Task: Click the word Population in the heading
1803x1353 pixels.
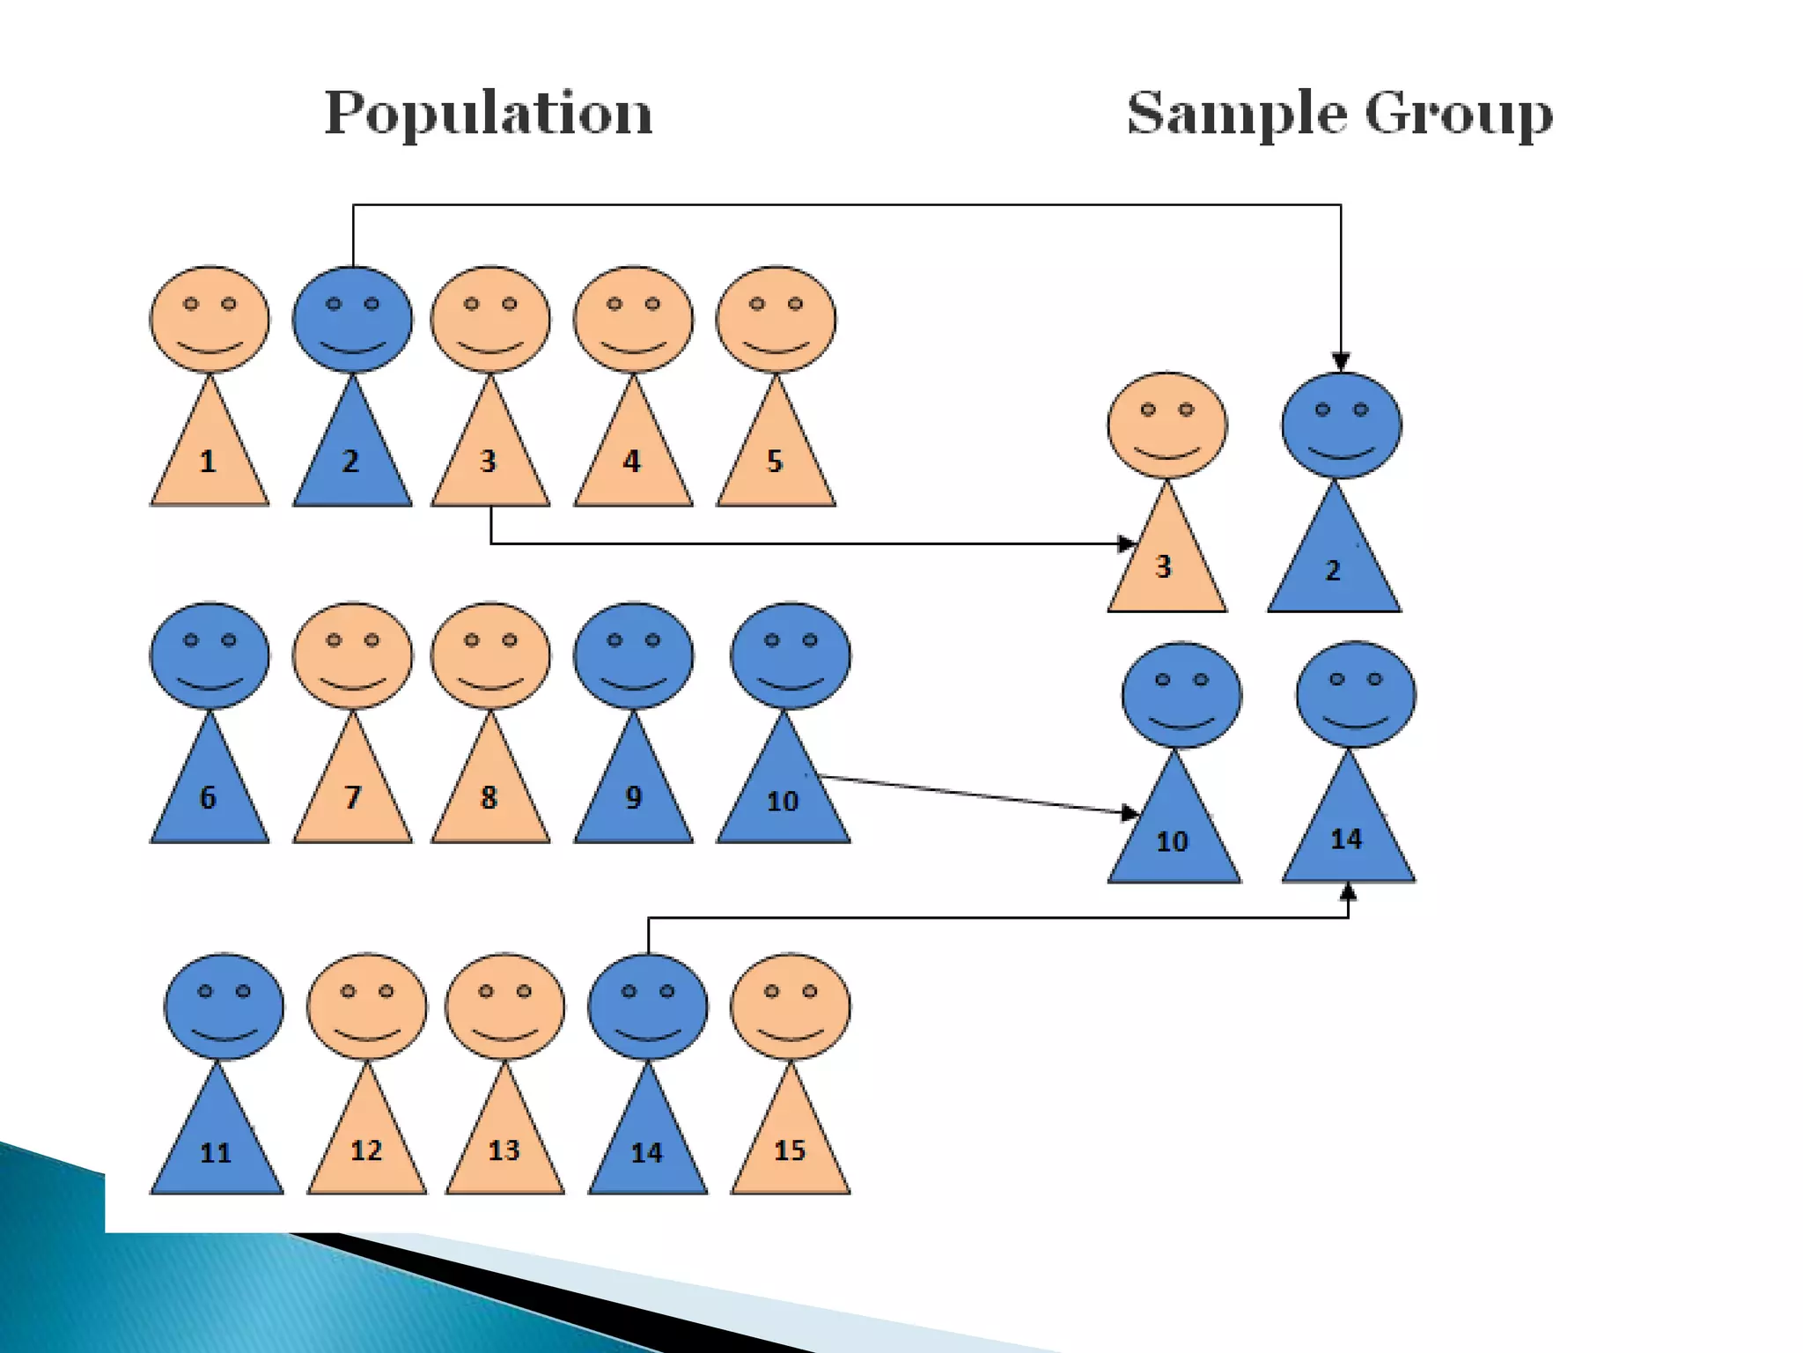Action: coord(489,115)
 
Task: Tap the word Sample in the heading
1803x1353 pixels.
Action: coord(1237,115)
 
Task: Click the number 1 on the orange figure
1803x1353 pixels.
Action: coord(208,461)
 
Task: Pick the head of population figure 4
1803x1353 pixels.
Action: coord(633,318)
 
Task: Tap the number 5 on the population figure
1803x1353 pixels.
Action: coord(775,461)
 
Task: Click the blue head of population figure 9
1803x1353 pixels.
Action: coord(633,655)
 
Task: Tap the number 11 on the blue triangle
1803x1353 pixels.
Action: coord(216,1152)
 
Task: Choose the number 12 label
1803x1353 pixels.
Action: coord(366,1150)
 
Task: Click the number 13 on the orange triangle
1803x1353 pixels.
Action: coord(504,1150)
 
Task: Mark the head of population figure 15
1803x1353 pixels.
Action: coord(790,1006)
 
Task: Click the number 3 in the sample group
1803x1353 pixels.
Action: coord(1163,566)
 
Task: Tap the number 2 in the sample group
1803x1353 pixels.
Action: coord(1333,571)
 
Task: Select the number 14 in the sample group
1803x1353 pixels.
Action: coord(1346,839)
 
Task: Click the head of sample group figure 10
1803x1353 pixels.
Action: coord(1181,696)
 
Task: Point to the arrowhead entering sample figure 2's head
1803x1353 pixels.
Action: coord(1341,362)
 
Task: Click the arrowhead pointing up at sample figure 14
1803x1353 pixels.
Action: coord(1348,893)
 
